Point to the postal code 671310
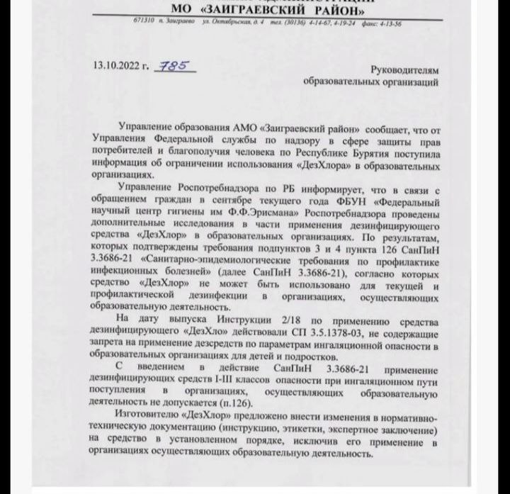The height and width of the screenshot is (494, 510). point(144,23)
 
